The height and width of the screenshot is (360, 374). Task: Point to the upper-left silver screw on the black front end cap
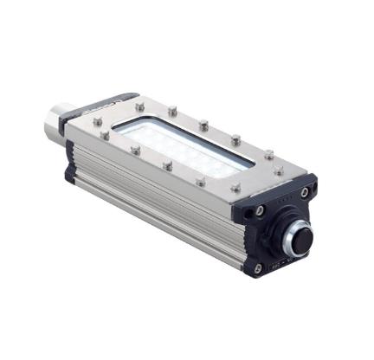[260, 209]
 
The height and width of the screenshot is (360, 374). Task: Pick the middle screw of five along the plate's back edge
[203, 125]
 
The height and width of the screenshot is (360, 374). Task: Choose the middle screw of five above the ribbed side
[168, 165]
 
